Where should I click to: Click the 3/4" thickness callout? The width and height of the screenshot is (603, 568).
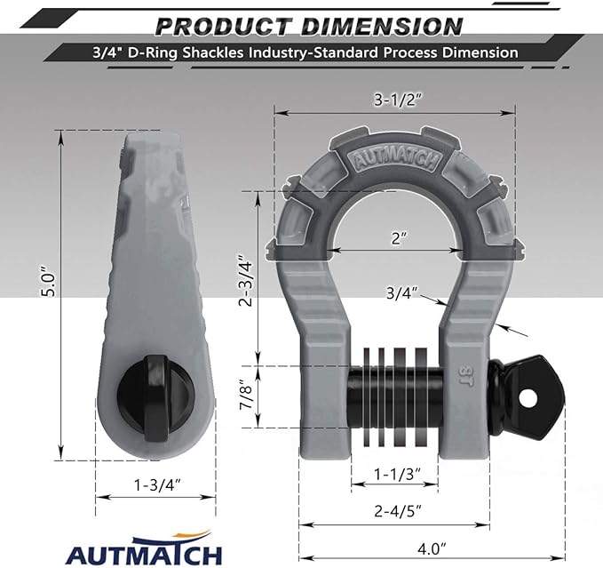(402, 292)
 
